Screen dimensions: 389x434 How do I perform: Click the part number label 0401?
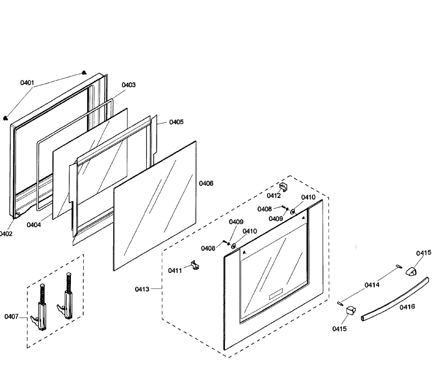point(27,83)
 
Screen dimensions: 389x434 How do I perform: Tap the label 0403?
point(128,85)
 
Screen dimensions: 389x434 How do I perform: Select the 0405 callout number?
point(176,122)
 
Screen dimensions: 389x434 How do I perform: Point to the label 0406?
point(206,183)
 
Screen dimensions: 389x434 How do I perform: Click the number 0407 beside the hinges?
point(12,317)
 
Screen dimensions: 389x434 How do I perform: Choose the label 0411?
point(175,270)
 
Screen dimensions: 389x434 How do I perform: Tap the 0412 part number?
point(274,196)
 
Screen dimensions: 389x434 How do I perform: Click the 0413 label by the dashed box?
point(142,289)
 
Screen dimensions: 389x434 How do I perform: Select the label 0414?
point(372,285)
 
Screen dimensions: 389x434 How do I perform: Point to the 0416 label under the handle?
point(407,307)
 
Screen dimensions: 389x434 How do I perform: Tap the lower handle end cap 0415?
point(350,310)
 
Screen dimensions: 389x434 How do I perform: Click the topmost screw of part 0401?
point(84,72)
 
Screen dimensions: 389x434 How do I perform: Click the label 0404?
point(34,225)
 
